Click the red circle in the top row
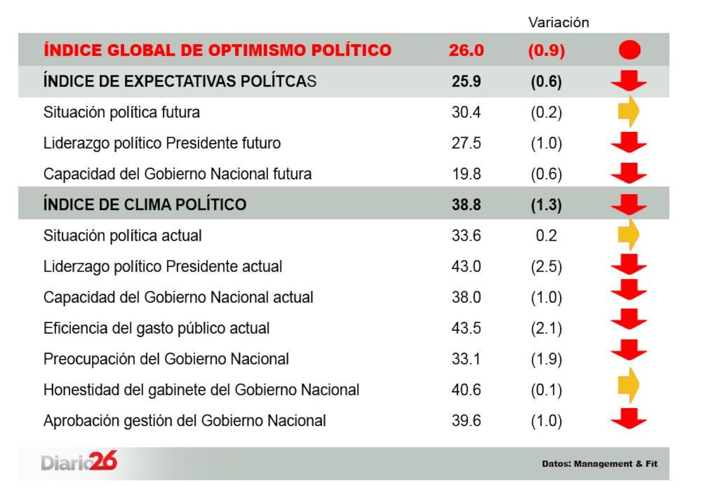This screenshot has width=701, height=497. [x=629, y=50]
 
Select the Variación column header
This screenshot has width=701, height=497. [x=558, y=23]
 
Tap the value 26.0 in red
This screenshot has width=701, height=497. [x=466, y=51]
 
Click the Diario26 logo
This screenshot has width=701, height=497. [x=79, y=463]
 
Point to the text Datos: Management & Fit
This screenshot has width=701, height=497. [x=599, y=464]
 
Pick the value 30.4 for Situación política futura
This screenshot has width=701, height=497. [x=466, y=112]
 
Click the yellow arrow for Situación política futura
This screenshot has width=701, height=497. [x=629, y=111]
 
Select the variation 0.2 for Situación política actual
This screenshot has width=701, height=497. [x=546, y=235]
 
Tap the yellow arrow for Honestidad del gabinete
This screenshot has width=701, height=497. [x=629, y=385]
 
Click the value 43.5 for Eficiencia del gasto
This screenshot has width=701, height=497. [x=466, y=328]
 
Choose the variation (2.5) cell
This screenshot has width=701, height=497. [x=546, y=267]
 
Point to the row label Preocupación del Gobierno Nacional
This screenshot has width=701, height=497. [x=166, y=359]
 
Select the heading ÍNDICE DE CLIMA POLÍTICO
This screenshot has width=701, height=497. [x=145, y=204]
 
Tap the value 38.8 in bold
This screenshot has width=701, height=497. [x=466, y=204]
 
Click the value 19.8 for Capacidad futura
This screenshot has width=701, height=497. [x=466, y=174]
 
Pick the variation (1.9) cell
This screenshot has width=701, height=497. [x=546, y=359]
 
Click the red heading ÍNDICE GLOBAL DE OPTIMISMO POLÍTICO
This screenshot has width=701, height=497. [x=217, y=51]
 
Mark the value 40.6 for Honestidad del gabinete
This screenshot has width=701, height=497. [x=466, y=390]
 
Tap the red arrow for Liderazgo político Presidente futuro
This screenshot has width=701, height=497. [x=629, y=142]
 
